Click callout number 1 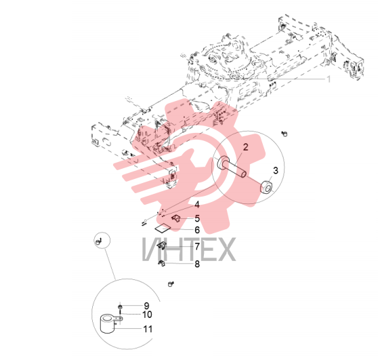(x=328, y=79)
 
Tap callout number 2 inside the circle (x=245, y=147)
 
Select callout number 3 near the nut (x=276, y=171)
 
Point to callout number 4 (x=197, y=205)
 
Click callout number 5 (x=197, y=218)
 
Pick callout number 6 (x=197, y=230)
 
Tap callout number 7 (x=197, y=247)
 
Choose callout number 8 (x=197, y=264)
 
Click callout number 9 (x=146, y=306)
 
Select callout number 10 (x=147, y=315)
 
